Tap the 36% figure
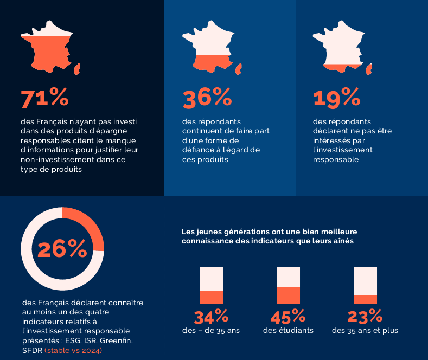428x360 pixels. pyautogui.click(x=207, y=98)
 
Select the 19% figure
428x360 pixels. pyautogui.click(x=336, y=98)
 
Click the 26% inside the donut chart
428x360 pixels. pyautogui.click(x=62, y=249)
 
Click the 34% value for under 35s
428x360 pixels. pyautogui.click(x=211, y=316)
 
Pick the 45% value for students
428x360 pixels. pyautogui.click(x=288, y=316)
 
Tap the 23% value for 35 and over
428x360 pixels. pyautogui.click(x=365, y=316)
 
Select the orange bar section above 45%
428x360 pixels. pyautogui.click(x=288, y=295)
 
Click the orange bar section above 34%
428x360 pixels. pyautogui.click(x=211, y=297)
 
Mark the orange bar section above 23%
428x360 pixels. pyautogui.click(x=365, y=299)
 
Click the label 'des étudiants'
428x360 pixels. pyautogui.click(x=288, y=330)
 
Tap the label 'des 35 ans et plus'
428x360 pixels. pyautogui.click(x=365, y=330)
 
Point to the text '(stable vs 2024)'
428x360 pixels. pyautogui.click(x=73, y=350)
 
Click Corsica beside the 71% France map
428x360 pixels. pyautogui.click(x=78, y=68)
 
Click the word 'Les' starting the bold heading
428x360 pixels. pyautogui.click(x=188, y=232)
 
